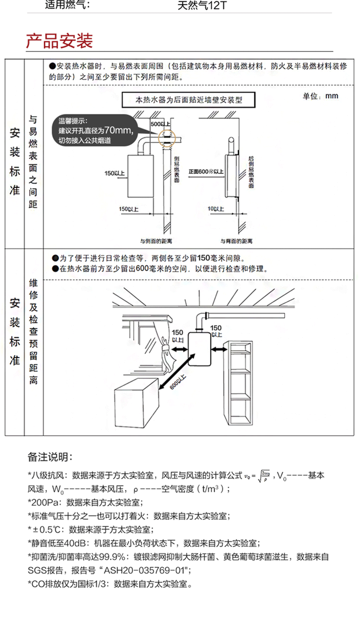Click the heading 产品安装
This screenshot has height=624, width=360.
pyautogui.click(x=59, y=41)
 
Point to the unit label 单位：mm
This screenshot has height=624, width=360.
pyautogui.click(x=320, y=96)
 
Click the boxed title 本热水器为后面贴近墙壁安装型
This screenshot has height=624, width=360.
pyautogui.click(x=188, y=101)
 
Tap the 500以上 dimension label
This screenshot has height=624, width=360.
pyautogui.click(x=157, y=124)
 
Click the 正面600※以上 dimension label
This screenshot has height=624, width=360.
pyautogui.click(x=206, y=171)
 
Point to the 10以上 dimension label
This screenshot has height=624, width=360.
pyautogui.click(x=216, y=209)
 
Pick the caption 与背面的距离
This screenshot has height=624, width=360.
pyautogui.click(x=233, y=240)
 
